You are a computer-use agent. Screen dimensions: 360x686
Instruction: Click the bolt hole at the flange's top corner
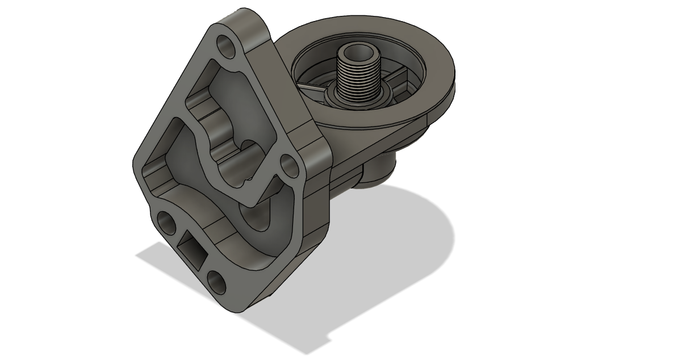pyautogui.click(x=227, y=45)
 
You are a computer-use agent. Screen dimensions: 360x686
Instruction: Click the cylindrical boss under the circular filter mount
pyautogui.click(x=378, y=170)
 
